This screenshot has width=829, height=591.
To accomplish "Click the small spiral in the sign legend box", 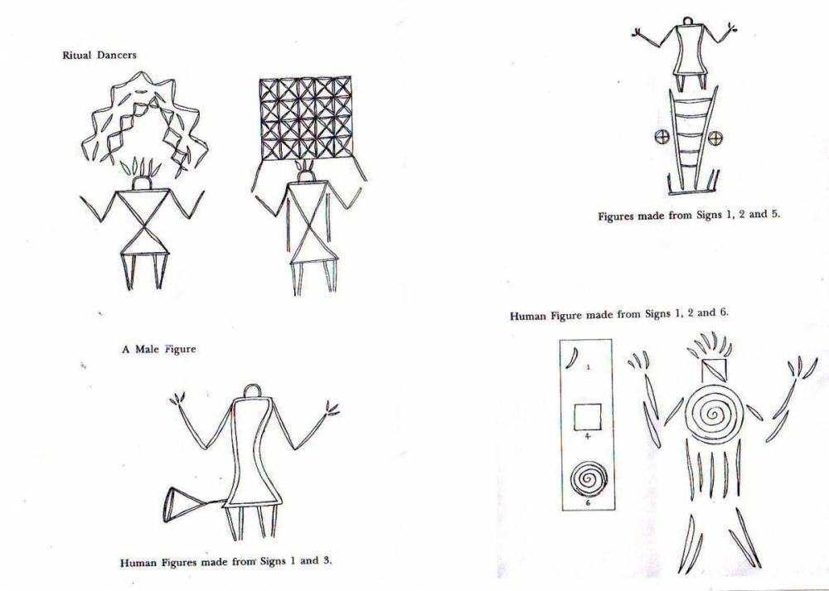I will (587, 478).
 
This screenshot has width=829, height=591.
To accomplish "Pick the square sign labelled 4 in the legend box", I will (587, 414).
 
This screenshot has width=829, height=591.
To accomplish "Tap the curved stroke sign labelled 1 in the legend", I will (571, 358).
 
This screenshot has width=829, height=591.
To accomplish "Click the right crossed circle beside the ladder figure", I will (715, 138).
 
